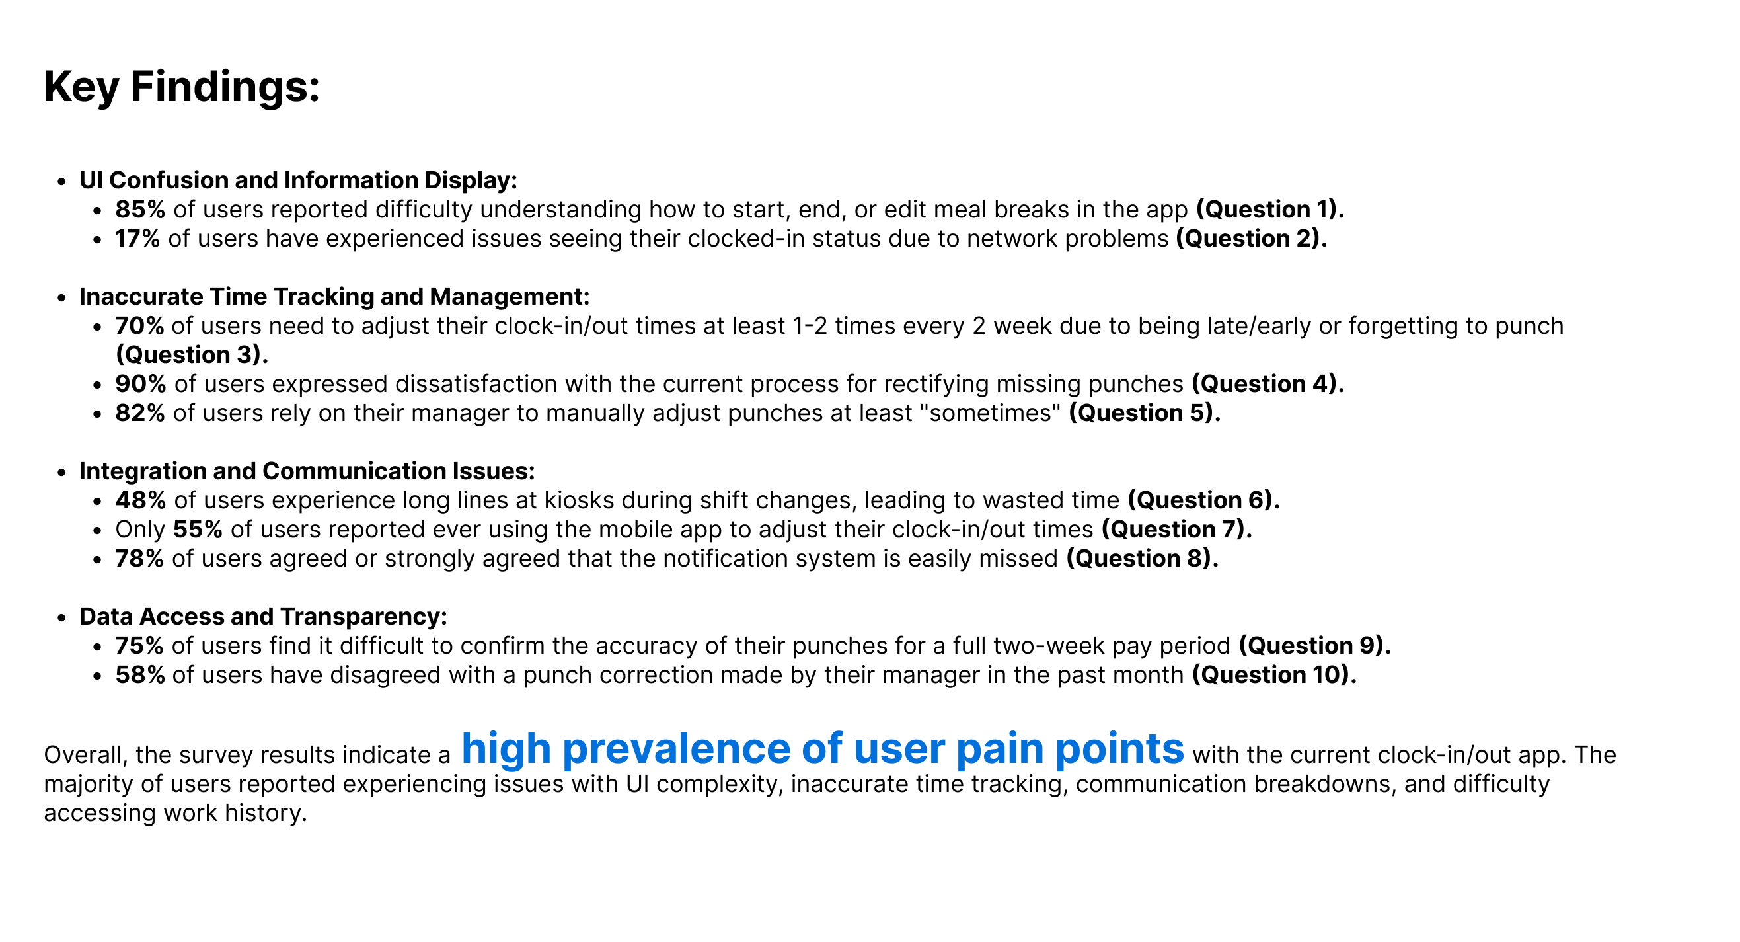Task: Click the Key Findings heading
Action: (182, 88)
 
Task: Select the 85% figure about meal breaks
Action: (140, 210)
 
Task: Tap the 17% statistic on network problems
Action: (137, 239)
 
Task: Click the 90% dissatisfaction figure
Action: (141, 384)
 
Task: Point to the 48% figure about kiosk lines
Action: (141, 500)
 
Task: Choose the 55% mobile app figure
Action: (198, 529)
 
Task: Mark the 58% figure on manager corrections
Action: (140, 674)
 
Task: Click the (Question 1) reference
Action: (1270, 210)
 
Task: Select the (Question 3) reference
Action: (192, 355)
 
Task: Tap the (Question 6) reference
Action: (1203, 500)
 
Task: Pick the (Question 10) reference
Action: (1274, 674)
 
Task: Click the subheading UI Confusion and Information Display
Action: (298, 180)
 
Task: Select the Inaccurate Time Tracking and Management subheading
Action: (334, 297)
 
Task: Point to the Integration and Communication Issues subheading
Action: (307, 471)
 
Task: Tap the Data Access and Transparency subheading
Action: (263, 616)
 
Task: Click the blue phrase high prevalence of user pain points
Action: (822, 749)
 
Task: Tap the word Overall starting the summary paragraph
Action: (86, 755)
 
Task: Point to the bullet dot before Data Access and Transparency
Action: (62, 617)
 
